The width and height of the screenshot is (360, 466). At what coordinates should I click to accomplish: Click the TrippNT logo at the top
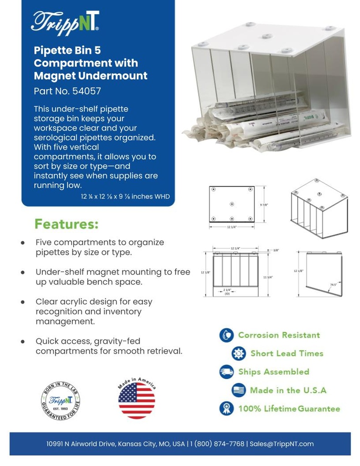pos(65,21)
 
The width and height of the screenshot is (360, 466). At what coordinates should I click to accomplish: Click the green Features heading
pos(66,224)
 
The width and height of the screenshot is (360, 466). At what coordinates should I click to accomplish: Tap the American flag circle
pos(137,400)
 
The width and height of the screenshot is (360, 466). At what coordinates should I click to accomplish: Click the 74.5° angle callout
pos(334,285)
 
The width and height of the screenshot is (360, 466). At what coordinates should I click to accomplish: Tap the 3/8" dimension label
pos(276,250)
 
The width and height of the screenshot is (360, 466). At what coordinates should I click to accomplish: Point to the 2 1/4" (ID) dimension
pos(227,291)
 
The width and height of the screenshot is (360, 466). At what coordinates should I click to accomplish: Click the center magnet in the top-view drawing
pos(232,203)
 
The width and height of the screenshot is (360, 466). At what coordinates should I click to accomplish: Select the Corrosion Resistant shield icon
pos(226,335)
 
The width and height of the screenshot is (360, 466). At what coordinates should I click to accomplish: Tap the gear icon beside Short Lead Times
pos(238,354)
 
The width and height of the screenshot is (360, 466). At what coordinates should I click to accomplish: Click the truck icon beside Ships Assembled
pos(226,371)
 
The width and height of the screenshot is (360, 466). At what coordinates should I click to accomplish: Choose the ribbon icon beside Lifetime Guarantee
pos(226,408)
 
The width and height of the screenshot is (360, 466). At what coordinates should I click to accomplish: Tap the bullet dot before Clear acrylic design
pos(23,302)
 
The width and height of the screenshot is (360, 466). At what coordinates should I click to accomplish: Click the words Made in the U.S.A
pos(288,390)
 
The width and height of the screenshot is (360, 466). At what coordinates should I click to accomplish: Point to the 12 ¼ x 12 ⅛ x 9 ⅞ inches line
pos(124,197)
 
